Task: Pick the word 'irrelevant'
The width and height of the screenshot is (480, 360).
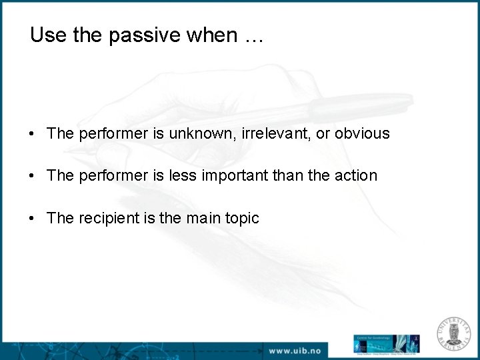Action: pyautogui.click(x=273, y=133)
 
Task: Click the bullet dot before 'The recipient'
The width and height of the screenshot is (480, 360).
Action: pyautogui.click(x=32, y=219)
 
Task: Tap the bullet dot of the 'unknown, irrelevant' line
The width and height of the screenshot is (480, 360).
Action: pyautogui.click(x=32, y=134)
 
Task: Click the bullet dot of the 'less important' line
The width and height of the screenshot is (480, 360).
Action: pyautogui.click(x=32, y=176)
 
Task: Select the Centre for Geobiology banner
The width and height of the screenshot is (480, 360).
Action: pyautogui.click(x=386, y=344)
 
